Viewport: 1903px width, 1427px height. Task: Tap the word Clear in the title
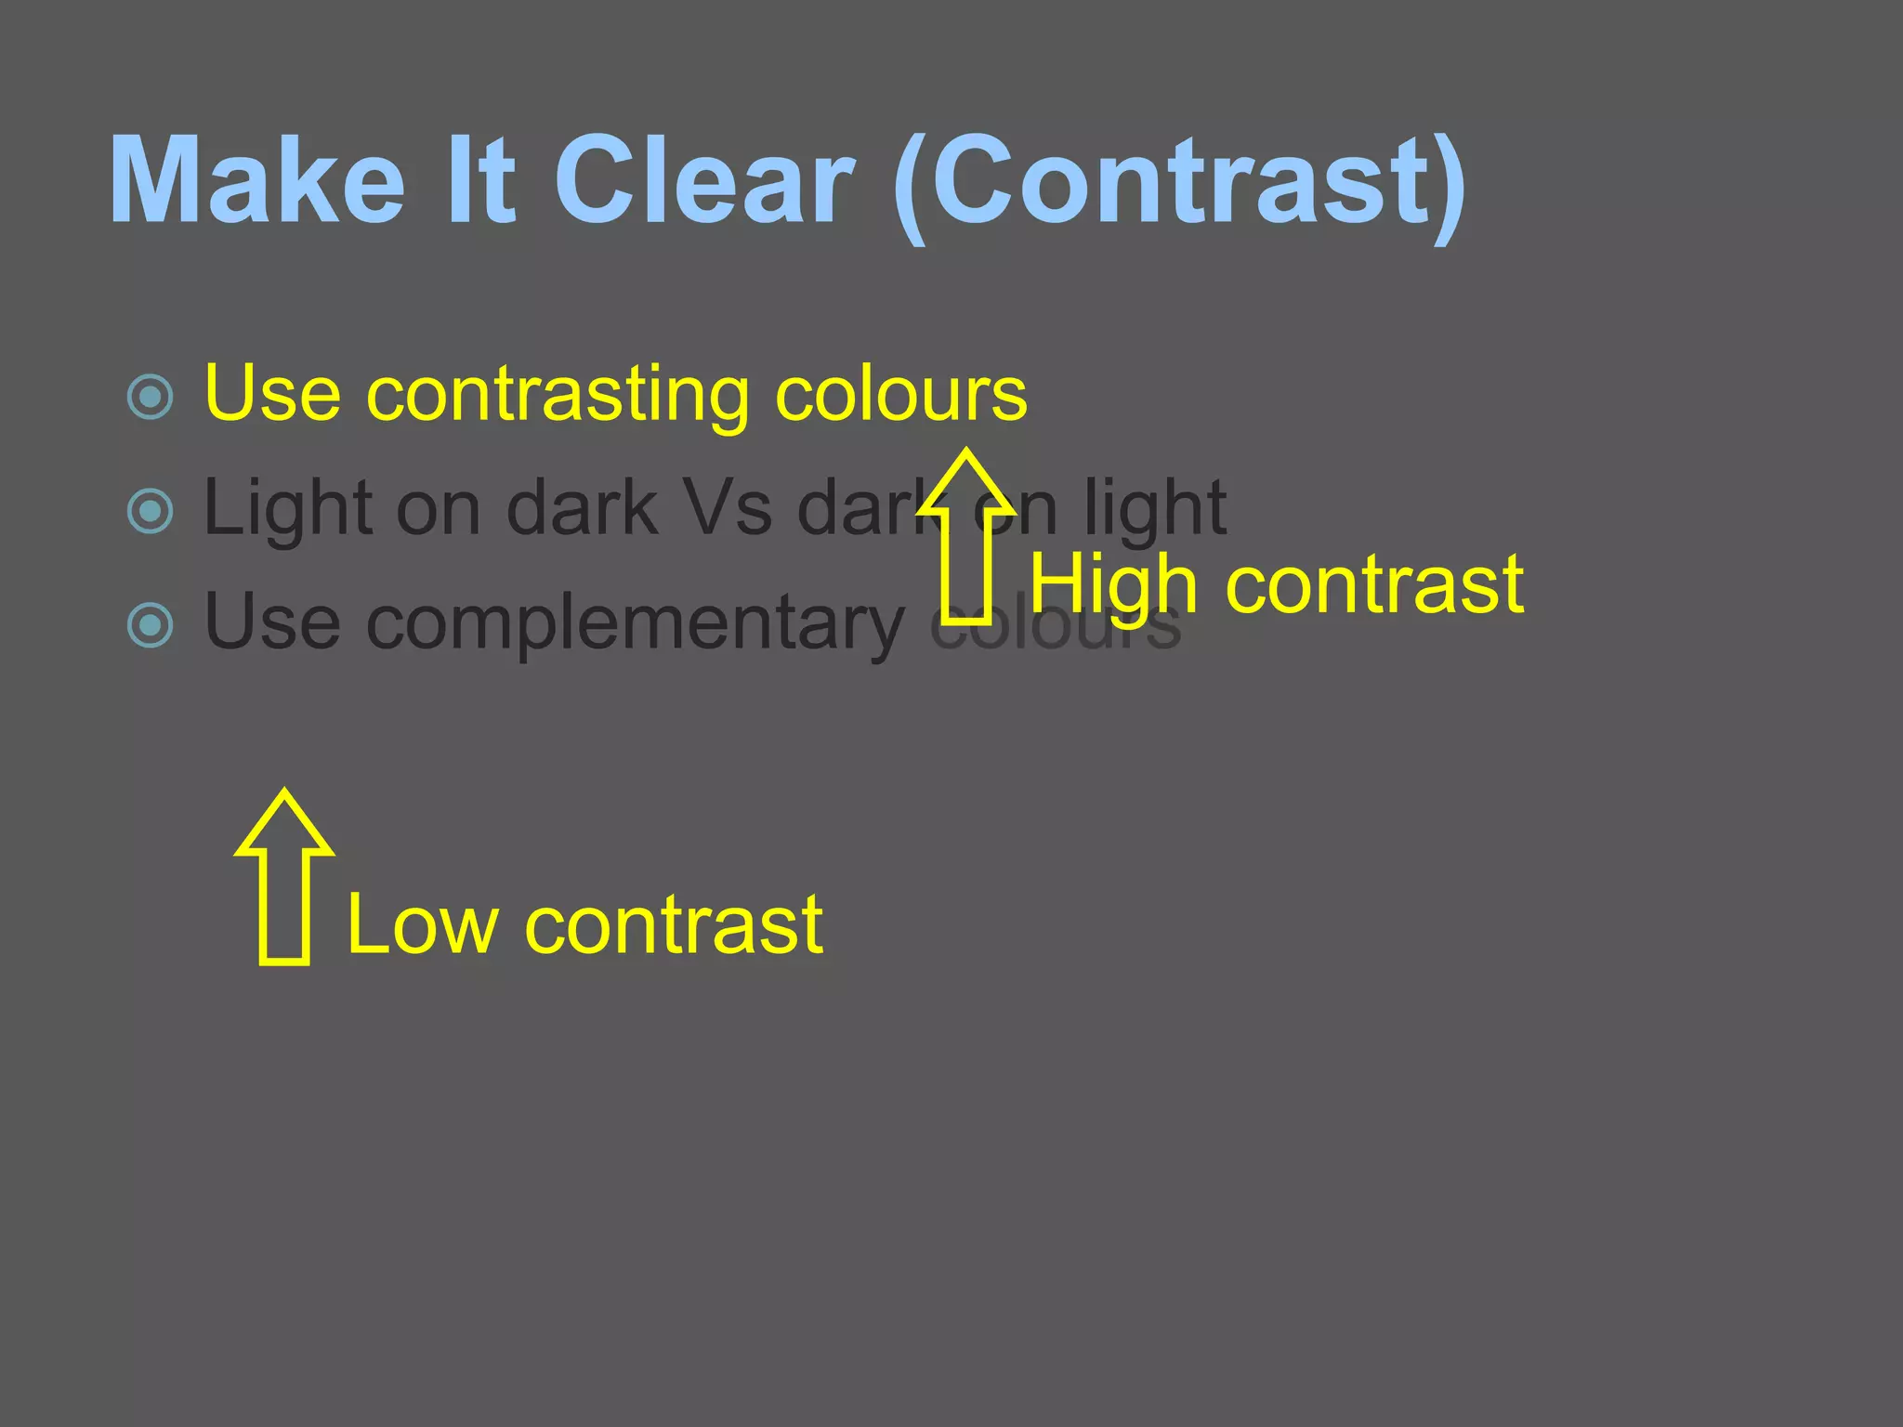703,181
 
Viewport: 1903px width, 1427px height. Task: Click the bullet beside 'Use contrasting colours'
150,397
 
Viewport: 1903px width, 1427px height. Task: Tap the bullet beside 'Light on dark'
150,511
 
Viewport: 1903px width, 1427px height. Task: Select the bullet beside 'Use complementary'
150,625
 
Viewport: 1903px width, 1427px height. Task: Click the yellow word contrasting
558,395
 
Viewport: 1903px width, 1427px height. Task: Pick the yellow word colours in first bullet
901,395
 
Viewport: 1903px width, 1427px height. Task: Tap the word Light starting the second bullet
289,509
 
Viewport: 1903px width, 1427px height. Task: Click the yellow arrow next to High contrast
966,539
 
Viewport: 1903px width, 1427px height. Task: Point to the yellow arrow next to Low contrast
284,878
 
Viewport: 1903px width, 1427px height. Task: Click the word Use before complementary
272,622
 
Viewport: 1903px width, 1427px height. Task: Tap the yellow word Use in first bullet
272,395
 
